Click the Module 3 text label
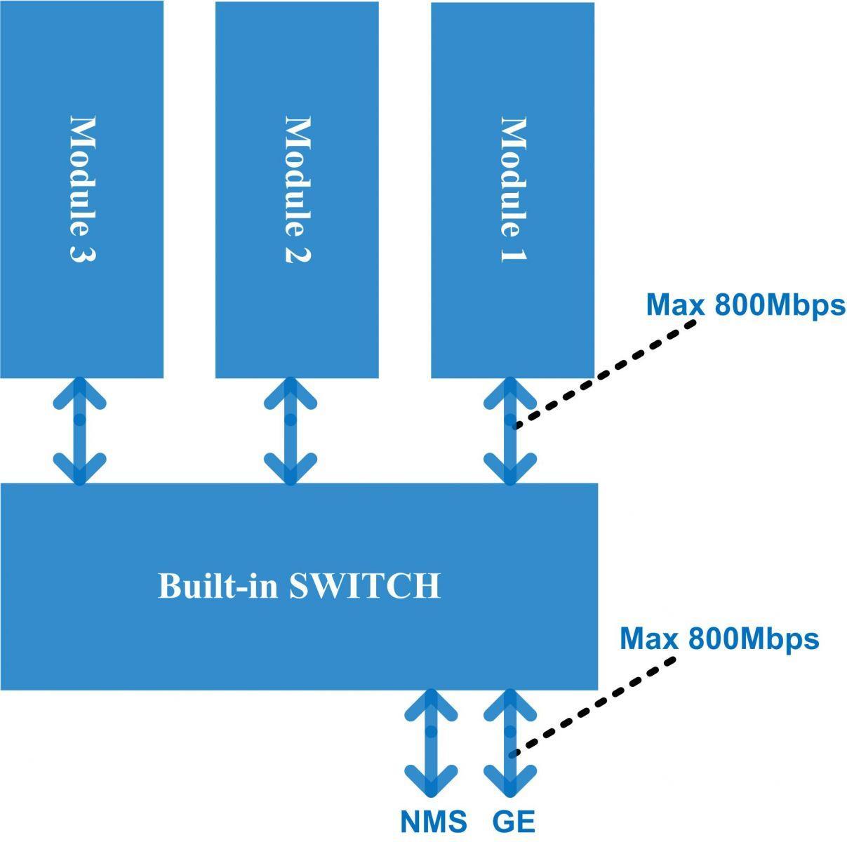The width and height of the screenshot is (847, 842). click(x=83, y=189)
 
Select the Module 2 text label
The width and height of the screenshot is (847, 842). click(x=298, y=189)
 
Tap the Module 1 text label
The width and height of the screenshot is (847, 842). click(x=514, y=189)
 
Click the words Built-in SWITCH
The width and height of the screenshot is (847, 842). click(x=299, y=586)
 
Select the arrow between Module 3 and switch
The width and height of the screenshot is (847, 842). click(x=79, y=431)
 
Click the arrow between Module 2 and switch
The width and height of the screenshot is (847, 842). click(x=290, y=431)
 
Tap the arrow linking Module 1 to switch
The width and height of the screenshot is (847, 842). click(x=510, y=431)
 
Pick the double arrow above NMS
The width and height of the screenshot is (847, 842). click(x=431, y=743)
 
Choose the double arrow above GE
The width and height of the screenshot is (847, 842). click(x=510, y=743)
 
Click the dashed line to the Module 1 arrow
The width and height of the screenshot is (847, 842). click(x=605, y=375)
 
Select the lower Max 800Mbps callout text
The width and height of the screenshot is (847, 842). click(x=719, y=638)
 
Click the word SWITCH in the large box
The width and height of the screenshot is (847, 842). click(x=365, y=586)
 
